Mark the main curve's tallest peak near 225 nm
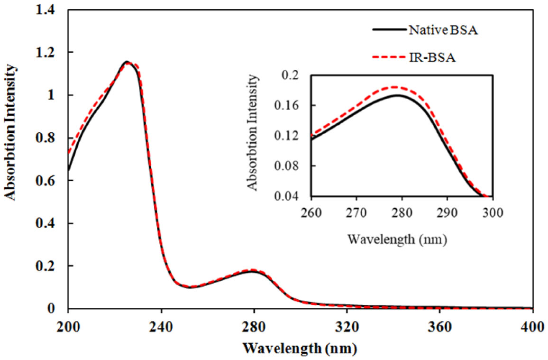point(127,62)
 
